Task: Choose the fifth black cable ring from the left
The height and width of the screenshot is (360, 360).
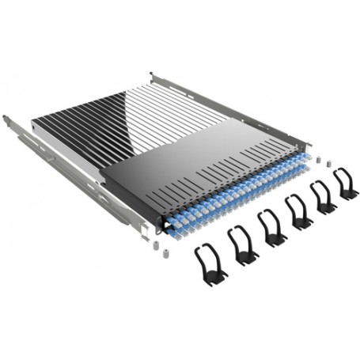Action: [323, 197]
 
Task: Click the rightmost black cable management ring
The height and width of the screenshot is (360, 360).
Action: [345, 183]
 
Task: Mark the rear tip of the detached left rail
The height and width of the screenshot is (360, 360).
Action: [6, 119]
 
